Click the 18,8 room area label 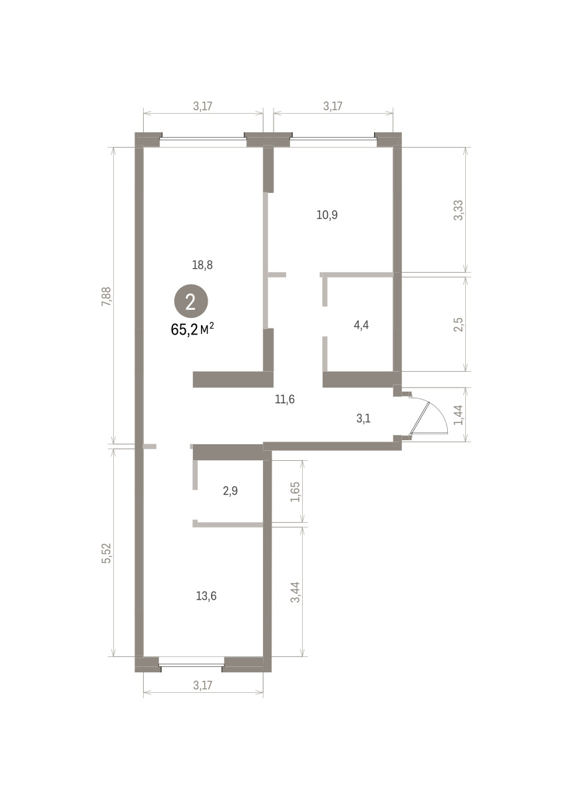(202, 265)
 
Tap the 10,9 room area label (327, 215)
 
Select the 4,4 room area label (361, 325)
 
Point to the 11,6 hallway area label (285, 399)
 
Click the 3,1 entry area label (363, 418)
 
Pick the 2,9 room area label (230, 491)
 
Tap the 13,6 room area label (206, 596)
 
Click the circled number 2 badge (191, 303)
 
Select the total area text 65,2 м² (192, 330)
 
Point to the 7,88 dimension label (106, 297)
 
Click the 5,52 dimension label (106, 553)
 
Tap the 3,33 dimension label (458, 210)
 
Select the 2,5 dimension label (458, 325)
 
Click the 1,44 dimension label (458, 415)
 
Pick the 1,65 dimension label (295, 492)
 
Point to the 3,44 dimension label (295, 592)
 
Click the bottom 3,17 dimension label (202, 685)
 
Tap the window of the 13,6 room (192, 665)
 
